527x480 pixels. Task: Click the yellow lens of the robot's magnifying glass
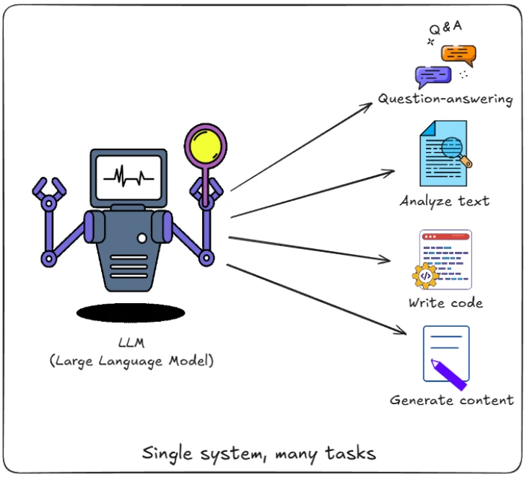click(206, 147)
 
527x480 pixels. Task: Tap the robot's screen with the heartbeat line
click(129, 178)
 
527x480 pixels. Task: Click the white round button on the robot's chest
click(142, 238)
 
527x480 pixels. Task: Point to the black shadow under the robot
click(131, 313)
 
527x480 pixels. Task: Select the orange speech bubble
click(458, 55)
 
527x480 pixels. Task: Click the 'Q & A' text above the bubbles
click(445, 27)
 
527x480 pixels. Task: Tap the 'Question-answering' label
click(445, 99)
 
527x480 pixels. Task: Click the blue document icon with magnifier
click(445, 153)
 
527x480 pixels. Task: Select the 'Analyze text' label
click(444, 201)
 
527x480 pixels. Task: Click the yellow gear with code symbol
click(425, 276)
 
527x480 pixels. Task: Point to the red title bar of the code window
click(445, 237)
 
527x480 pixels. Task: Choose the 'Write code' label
click(445, 303)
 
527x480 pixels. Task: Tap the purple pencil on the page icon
click(449, 375)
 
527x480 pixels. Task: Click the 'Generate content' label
click(452, 401)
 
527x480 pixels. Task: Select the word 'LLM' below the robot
click(131, 343)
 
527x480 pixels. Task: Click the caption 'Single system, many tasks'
click(258, 453)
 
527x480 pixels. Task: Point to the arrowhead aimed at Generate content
click(401, 331)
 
